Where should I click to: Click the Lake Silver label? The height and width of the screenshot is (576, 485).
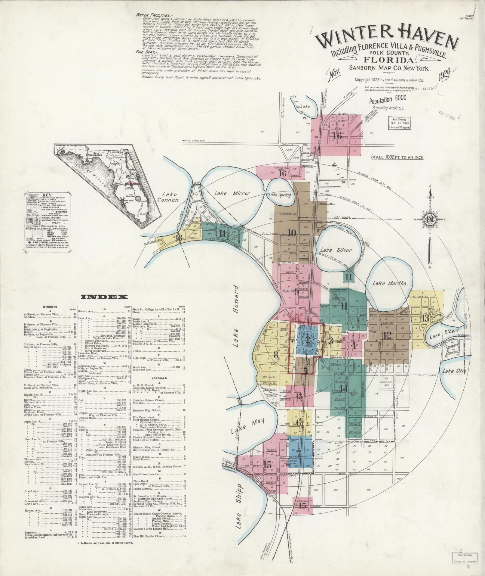pos(336,250)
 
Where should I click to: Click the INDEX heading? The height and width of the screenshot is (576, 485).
pos(104,297)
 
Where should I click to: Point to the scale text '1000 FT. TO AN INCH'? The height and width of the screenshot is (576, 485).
pos(397,157)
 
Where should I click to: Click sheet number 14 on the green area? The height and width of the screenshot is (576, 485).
pos(344,388)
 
